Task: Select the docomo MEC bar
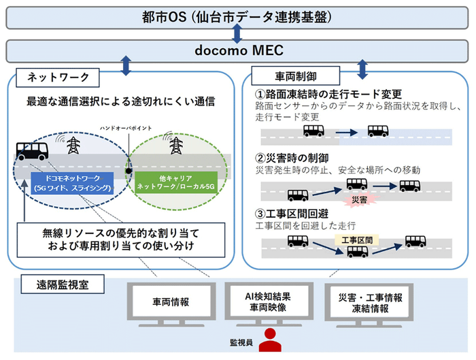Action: coord(238,50)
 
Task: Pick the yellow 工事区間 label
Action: coord(356,240)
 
